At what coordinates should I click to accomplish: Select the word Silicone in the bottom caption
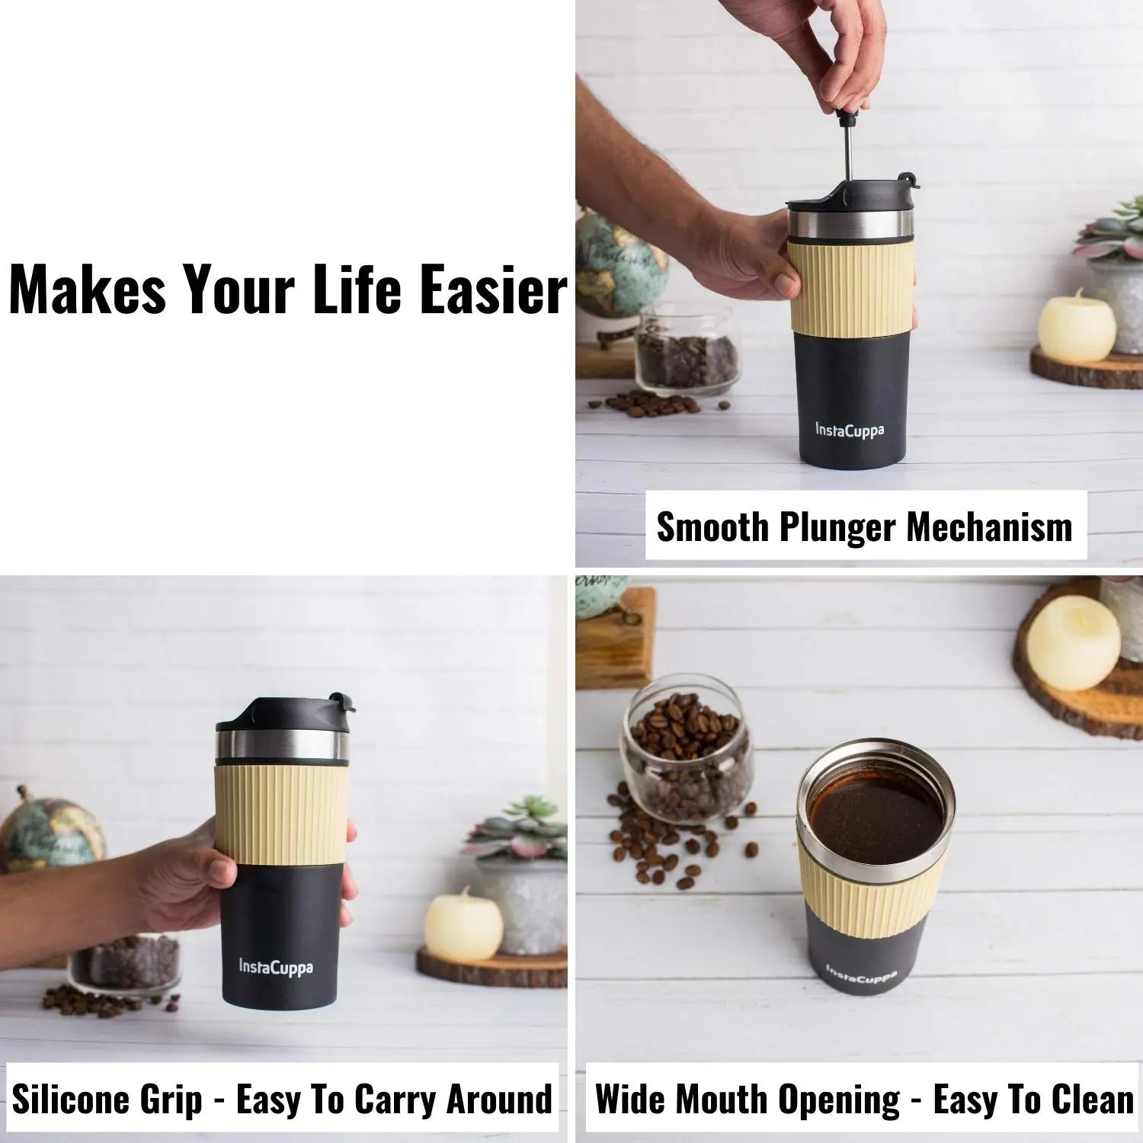point(69,1100)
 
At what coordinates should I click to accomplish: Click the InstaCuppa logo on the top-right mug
point(850,430)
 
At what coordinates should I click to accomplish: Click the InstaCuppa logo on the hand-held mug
point(276,968)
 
